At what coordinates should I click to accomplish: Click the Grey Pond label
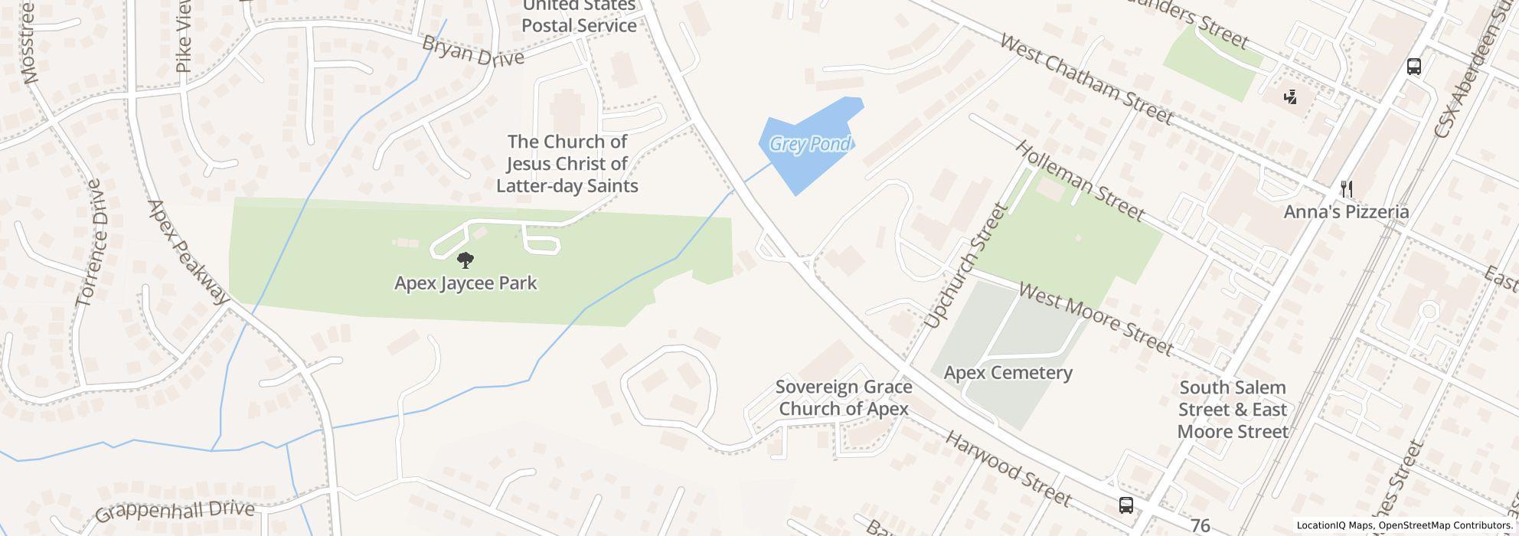coord(809,144)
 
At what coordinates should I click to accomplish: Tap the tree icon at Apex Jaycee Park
coord(465,261)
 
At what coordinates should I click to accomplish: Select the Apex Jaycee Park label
coord(465,283)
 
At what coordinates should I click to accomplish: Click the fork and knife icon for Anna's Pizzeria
coord(1346,189)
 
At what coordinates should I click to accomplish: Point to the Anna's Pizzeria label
coord(1346,211)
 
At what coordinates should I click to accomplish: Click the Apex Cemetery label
coord(1008,373)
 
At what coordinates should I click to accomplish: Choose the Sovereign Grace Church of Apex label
coord(844,397)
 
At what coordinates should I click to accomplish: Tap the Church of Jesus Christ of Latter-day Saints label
coord(567,163)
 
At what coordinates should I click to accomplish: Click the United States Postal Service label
coord(579,16)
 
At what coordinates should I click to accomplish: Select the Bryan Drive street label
coord(473,51)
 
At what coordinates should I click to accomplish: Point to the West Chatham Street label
coord(1086,78)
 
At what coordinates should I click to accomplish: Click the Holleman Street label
coord(1080,181)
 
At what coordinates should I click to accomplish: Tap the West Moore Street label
coord(1095,319)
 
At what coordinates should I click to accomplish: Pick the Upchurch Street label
coord(964,266)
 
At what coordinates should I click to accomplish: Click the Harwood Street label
coord(1008,468)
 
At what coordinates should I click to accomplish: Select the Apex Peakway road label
coord(188,252)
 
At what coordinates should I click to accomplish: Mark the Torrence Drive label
coord(90,243)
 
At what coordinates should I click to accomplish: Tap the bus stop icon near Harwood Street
coord(1125,505)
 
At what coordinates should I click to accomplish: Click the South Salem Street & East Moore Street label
coord(1233,409)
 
